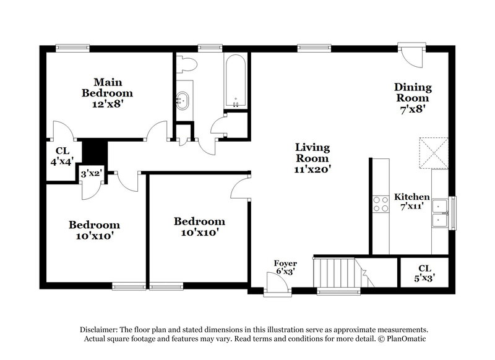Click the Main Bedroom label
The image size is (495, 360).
pos(107,93)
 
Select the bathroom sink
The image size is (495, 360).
pos(184,99)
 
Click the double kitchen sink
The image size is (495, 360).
pos(442,212)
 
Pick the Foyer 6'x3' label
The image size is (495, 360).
pos(285,267)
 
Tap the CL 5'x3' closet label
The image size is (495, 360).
pos(424,272)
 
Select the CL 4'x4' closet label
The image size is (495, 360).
pos(62,155)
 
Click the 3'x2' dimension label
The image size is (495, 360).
pos(91,175)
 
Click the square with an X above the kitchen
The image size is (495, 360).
pos(433,152)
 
